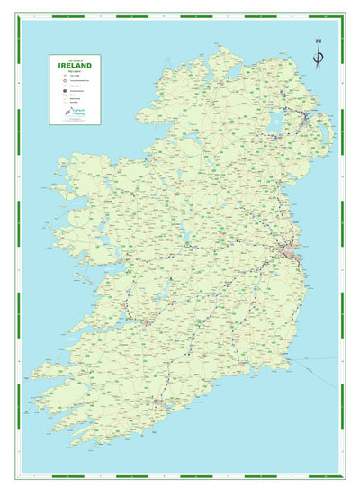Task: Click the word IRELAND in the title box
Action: [x=74, y=65]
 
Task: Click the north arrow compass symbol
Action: [x=318, y=56]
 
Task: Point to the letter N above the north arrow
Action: [x=318, y=41]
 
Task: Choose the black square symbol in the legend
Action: [x=56, y=91]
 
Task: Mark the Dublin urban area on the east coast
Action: [x=292, y=253]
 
